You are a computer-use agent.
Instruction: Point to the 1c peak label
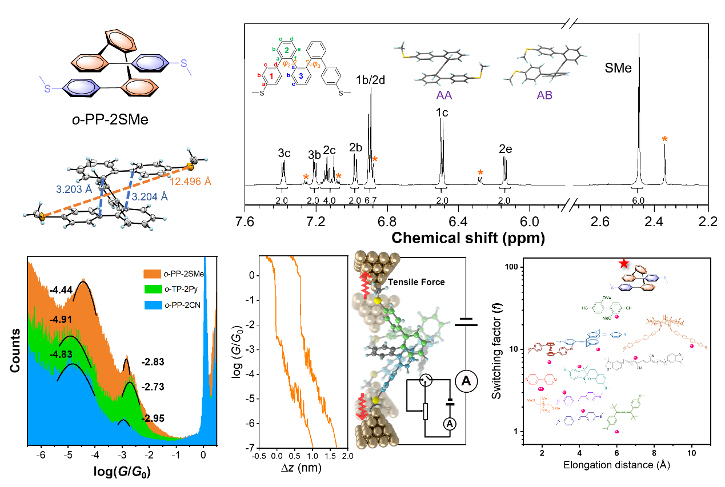coord(442,112)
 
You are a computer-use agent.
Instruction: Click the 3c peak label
coord(284,153)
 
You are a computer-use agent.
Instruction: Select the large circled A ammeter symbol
coord(466,383)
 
